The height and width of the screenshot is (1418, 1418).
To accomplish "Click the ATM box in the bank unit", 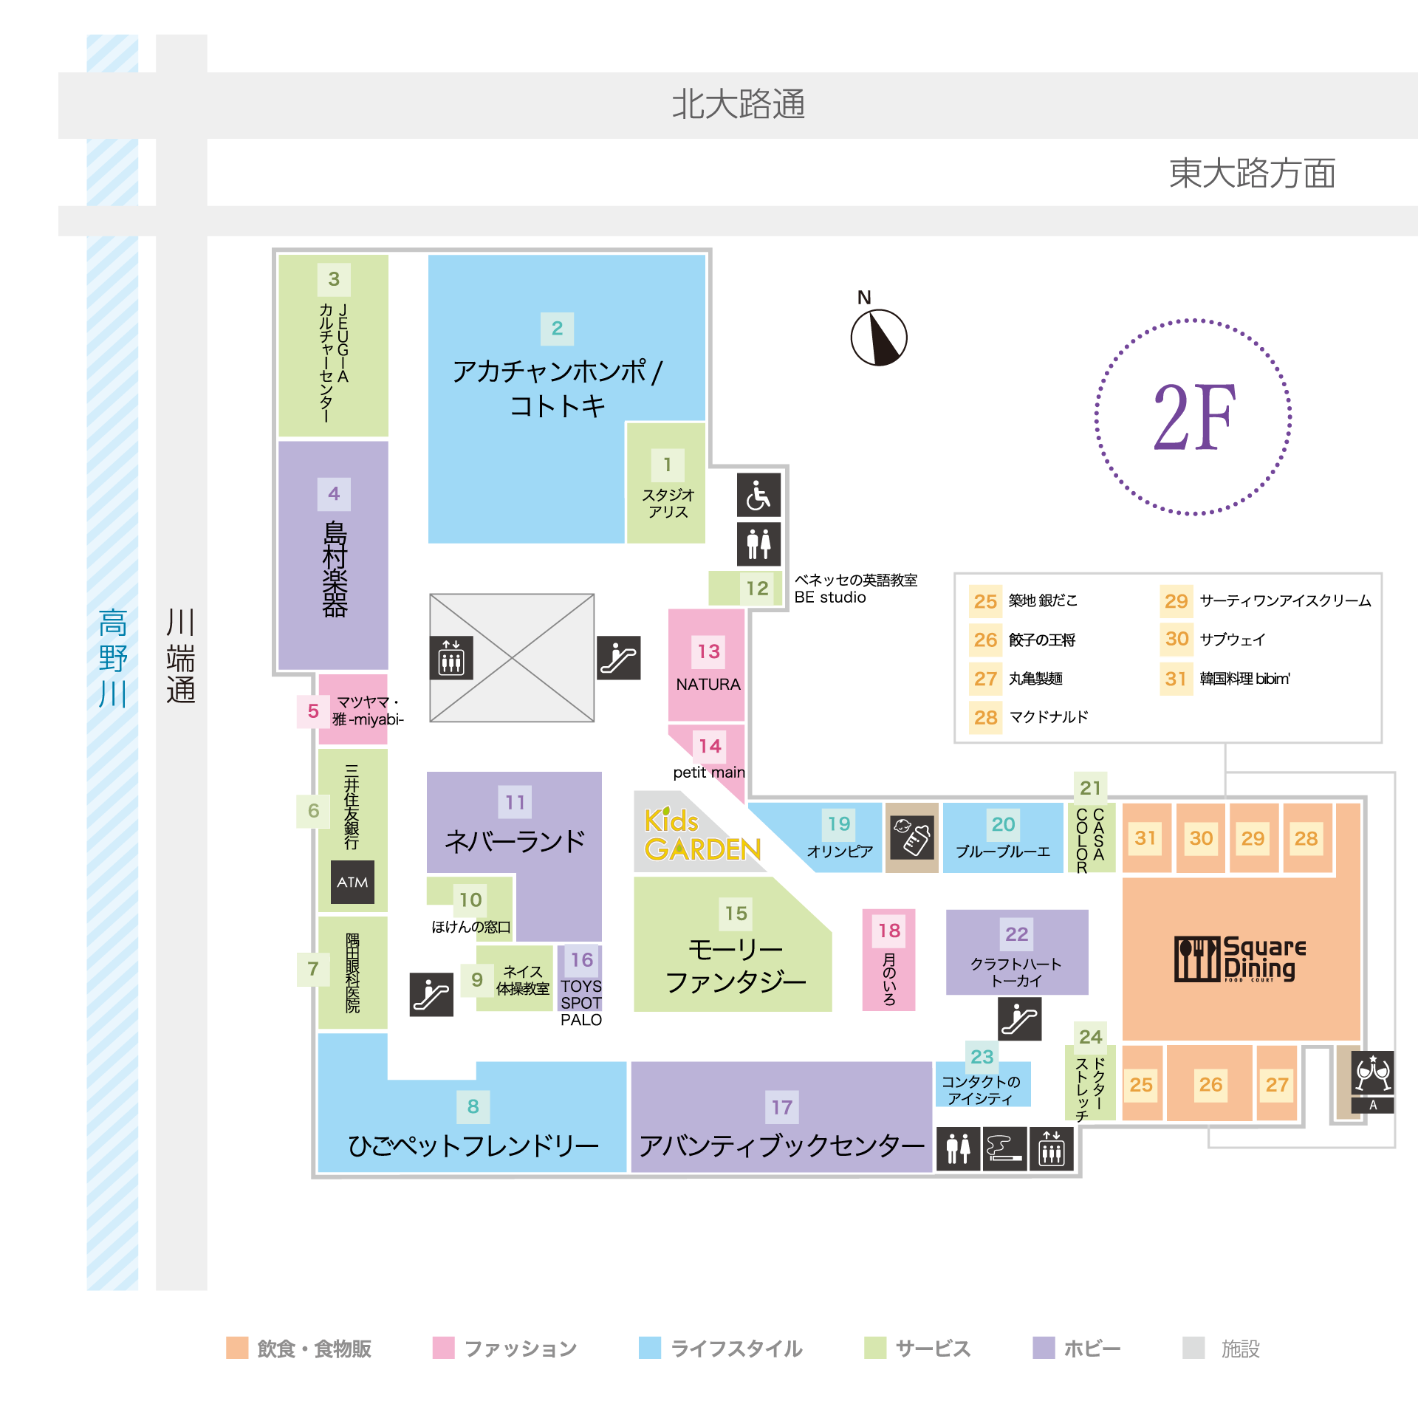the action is pyautogui.click(x=352, y=882).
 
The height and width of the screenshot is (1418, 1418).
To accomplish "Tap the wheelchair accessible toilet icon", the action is pyautogui.click(x=758, y=495).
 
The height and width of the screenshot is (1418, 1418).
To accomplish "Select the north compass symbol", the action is pyautogui.click(x=878, y=337).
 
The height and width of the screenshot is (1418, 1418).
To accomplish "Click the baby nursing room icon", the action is pyautogui.click(x=911, y=837).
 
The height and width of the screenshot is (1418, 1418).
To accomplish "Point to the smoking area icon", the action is pyautogui.click(x=1004, y=1148).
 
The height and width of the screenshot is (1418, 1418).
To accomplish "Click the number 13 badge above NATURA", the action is pyautogui.click(x=708, y=651).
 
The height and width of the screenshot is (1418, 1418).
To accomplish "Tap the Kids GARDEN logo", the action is pyautogui.click(x=702, y=835).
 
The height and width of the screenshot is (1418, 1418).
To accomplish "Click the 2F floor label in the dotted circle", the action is pyautogui.click(x=1193, y=417).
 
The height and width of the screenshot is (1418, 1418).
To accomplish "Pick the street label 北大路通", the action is pyautogui.click(x=738, y=104).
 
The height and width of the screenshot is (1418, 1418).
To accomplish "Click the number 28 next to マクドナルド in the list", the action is pyautogui.click(x=985, y=717).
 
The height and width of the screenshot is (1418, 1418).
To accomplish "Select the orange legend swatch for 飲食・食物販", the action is pyautogui.click(x=237, y=1348).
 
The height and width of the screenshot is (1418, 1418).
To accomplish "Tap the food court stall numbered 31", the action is pyautogui.click(x=1145, y=838).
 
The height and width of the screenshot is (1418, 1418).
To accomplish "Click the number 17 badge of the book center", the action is pyautogui.click(x=781, y=1107).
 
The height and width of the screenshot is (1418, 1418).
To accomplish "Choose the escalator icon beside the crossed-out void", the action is pyautogui.click(x=619, y=657).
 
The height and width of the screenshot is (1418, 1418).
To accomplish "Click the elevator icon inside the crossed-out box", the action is pyautogui.click(x=451, y=657).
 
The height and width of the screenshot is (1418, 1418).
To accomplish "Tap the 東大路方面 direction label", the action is pyautogui.click(x=1252, y=174).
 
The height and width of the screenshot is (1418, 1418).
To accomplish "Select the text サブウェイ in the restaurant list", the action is pyautogui.click(x=1233, y=640).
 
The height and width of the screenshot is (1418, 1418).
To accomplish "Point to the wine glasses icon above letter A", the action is pyautogui.click(x=1372, y=1073).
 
